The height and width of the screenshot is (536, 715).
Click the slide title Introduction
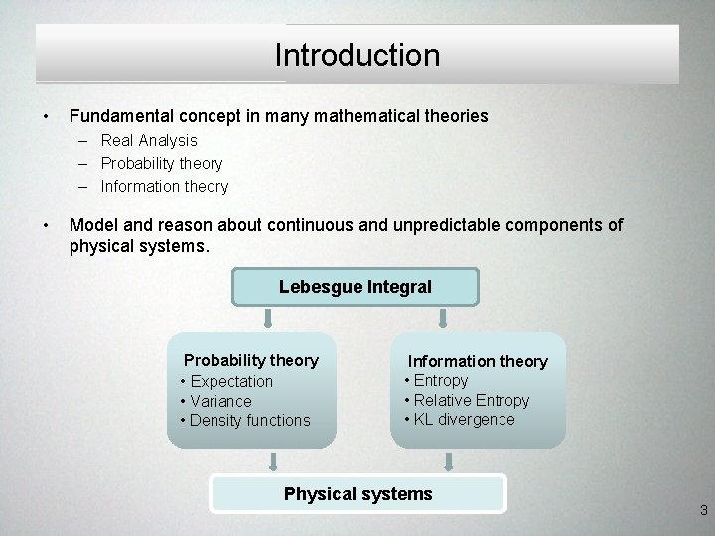pyautogui.click(x=357, y=55)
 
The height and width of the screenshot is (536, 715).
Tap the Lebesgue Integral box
pyautogui.click(x=356, y=287)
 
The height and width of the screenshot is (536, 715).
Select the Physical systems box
pyautogui.click(x=357, y=493)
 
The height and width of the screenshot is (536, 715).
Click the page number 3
pyautogui.click(x=703, y=511)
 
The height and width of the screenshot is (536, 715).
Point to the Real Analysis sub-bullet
pyautogui.click(x=149, y=141)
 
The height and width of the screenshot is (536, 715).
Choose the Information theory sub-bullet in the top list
pyautogui.click(x=164, y=186)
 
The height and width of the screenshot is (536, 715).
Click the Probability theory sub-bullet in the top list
pyautogui.click(x=161, y=163)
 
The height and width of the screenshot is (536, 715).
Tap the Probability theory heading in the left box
pyautogui.click(x=251, y=360)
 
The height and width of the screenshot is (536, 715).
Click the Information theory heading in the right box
pyautogui.click(x=478, y=361)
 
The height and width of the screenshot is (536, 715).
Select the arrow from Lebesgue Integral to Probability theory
pyautogui.click(x=267, y=318)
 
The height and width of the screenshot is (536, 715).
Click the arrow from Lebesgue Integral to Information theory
pyautogui.click(x=443, y=318)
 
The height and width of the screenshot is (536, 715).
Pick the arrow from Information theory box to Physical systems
pyautogui.click(x=449, y=461)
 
